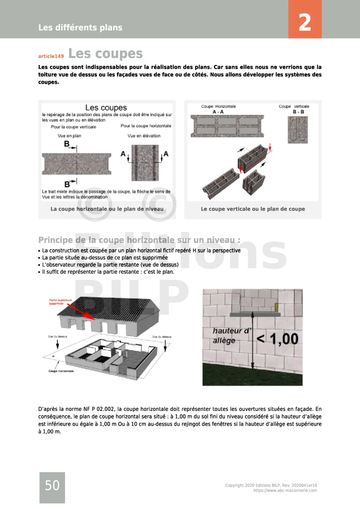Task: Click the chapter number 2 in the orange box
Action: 305,22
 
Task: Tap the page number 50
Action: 52,485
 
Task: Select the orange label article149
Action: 51,56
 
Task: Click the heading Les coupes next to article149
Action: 105,54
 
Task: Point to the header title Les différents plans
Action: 80,27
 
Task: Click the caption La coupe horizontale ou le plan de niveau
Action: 107,209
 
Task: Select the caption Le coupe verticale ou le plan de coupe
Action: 253,209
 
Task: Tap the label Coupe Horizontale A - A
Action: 218,109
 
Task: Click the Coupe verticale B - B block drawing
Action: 298,130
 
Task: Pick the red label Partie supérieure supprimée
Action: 60,302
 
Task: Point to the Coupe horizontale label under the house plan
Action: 61,371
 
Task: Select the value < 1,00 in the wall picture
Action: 278,339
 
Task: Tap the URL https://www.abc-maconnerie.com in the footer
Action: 285,491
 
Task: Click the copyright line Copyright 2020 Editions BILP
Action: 271,485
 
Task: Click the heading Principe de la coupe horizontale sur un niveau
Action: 139,240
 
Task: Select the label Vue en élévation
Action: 144,136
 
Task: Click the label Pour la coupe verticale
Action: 73,127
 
